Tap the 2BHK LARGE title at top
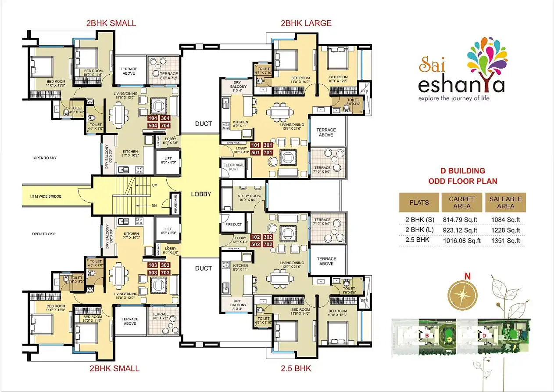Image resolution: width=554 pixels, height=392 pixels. pyautogui.click(x=306, y=23)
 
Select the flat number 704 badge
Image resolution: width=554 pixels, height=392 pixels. pyautogui.click(x=166, y=125)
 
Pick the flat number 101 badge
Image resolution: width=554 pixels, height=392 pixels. pyautogui.click(x=256, y=145)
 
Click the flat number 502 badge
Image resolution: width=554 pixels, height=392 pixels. pyautogui.click(x=256, y=244)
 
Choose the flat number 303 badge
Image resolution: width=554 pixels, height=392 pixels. pyautogui.click(x=165, y=265)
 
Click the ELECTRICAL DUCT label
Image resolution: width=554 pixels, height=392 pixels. pyautogui.click(x=234, y=167)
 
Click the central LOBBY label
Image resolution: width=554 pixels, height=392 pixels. pyautogui.click(x=201, y=194)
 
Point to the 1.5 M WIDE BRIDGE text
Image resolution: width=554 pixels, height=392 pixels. pyautogui.click(x=43, y=196)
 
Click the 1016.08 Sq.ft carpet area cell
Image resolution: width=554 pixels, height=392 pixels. pyautogui.click(x=462, y=240)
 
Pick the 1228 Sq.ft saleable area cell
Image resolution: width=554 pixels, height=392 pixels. pyautogui.click(x=505, y=230)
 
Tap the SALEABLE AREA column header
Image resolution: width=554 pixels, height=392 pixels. pyautogui.click(x=505, y=202)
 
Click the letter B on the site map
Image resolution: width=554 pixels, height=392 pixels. pyautogui.click(x=426, y=336)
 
